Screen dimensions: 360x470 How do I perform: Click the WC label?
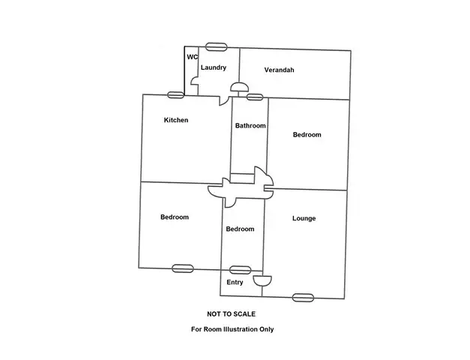[192, 57]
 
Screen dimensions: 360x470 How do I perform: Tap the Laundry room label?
[213, 67]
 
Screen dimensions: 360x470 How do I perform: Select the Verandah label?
[279, 70]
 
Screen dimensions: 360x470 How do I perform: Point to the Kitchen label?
[175, 120]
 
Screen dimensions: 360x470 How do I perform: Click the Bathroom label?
[250, 126]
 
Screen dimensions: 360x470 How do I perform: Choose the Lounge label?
[304, 219]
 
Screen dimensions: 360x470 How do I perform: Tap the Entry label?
[235, 283]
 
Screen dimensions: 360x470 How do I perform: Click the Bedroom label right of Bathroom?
[307, 135]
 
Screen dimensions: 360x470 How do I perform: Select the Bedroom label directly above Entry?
[240, 229]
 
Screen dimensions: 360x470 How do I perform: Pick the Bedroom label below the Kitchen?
[174, 217]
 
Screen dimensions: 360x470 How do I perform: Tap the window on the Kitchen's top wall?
[175, 94]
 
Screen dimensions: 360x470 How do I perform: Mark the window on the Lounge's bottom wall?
[303, 297]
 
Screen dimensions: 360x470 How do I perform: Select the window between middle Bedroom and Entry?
[240, 269]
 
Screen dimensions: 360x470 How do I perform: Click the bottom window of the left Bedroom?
[183, 268]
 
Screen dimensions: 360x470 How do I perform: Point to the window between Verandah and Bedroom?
[255, 97]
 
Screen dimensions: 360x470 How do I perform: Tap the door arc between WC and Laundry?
[194, 82]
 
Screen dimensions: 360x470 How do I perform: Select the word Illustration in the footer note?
[241, 329]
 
